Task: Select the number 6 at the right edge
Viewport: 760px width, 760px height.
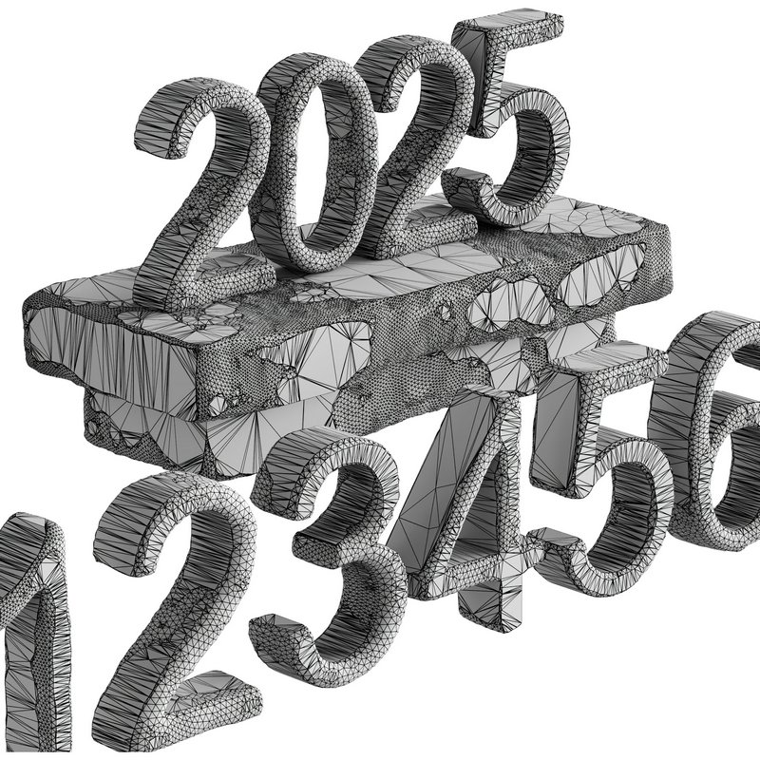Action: [x=717, y=427]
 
